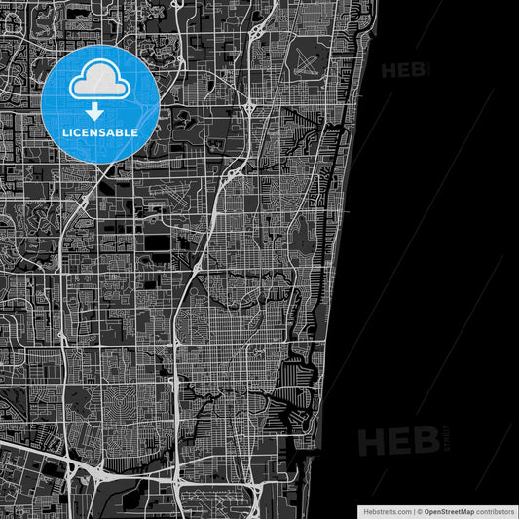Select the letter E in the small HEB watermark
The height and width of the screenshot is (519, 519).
[x=404, y=70]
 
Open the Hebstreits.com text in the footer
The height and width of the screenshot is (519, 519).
[x=384, y=510]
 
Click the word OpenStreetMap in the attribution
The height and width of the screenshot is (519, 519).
[x=455, y=510]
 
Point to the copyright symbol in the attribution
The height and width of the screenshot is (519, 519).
[x=421, y=510]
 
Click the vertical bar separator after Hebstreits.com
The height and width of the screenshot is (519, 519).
[x=414, y=510]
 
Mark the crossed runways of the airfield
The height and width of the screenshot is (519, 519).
[x=306, y=64]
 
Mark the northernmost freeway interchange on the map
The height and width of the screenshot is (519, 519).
[x=255, y=34]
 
